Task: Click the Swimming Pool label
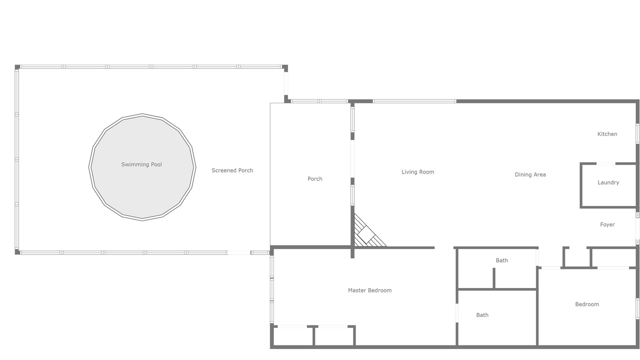(x=141, y=164)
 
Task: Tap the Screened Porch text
(x=232, y=170)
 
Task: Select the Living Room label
(x=417, y=172)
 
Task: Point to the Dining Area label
(x=530, y=174)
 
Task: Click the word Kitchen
(x=607, y=134)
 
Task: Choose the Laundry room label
(x=608, y=182)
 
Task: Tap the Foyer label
(x=607, y=224)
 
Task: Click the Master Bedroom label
(x=369, y=290)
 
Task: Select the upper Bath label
(x=501, y=260)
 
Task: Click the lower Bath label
(x=482, y=315)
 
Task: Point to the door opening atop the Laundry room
(x=605, y=163)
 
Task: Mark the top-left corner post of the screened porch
(x=17, y=67)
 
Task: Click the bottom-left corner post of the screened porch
(x=17, y=251)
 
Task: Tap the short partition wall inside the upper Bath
(x=493, y=278)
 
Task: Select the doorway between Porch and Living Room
(x=352, y=159)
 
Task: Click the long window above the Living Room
(x=414, y=101)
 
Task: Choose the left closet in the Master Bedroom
(x=293, y=336)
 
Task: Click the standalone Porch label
(x=315, y=179)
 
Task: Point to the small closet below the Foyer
(x=577, y=257)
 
